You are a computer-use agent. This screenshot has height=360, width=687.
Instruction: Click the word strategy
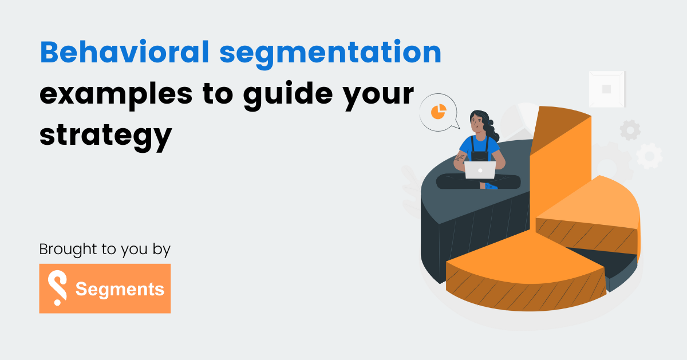[105, 136]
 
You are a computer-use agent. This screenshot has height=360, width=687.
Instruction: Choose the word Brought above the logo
[62, 250]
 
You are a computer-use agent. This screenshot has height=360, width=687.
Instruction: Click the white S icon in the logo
[57, 288]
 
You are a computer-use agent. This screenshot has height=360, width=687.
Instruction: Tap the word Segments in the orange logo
[120, 289]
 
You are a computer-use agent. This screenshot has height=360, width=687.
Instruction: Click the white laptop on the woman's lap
[480, 170]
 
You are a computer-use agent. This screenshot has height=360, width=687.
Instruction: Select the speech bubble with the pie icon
[439, 113]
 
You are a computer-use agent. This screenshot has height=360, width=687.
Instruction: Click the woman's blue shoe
[491, 186]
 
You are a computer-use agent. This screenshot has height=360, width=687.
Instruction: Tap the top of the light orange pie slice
[595, 206]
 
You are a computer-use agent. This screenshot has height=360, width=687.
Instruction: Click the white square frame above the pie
[607, 89]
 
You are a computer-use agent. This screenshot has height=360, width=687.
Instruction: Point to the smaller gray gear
[630, 130]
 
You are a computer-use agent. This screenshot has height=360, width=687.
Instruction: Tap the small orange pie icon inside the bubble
[438, 110]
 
